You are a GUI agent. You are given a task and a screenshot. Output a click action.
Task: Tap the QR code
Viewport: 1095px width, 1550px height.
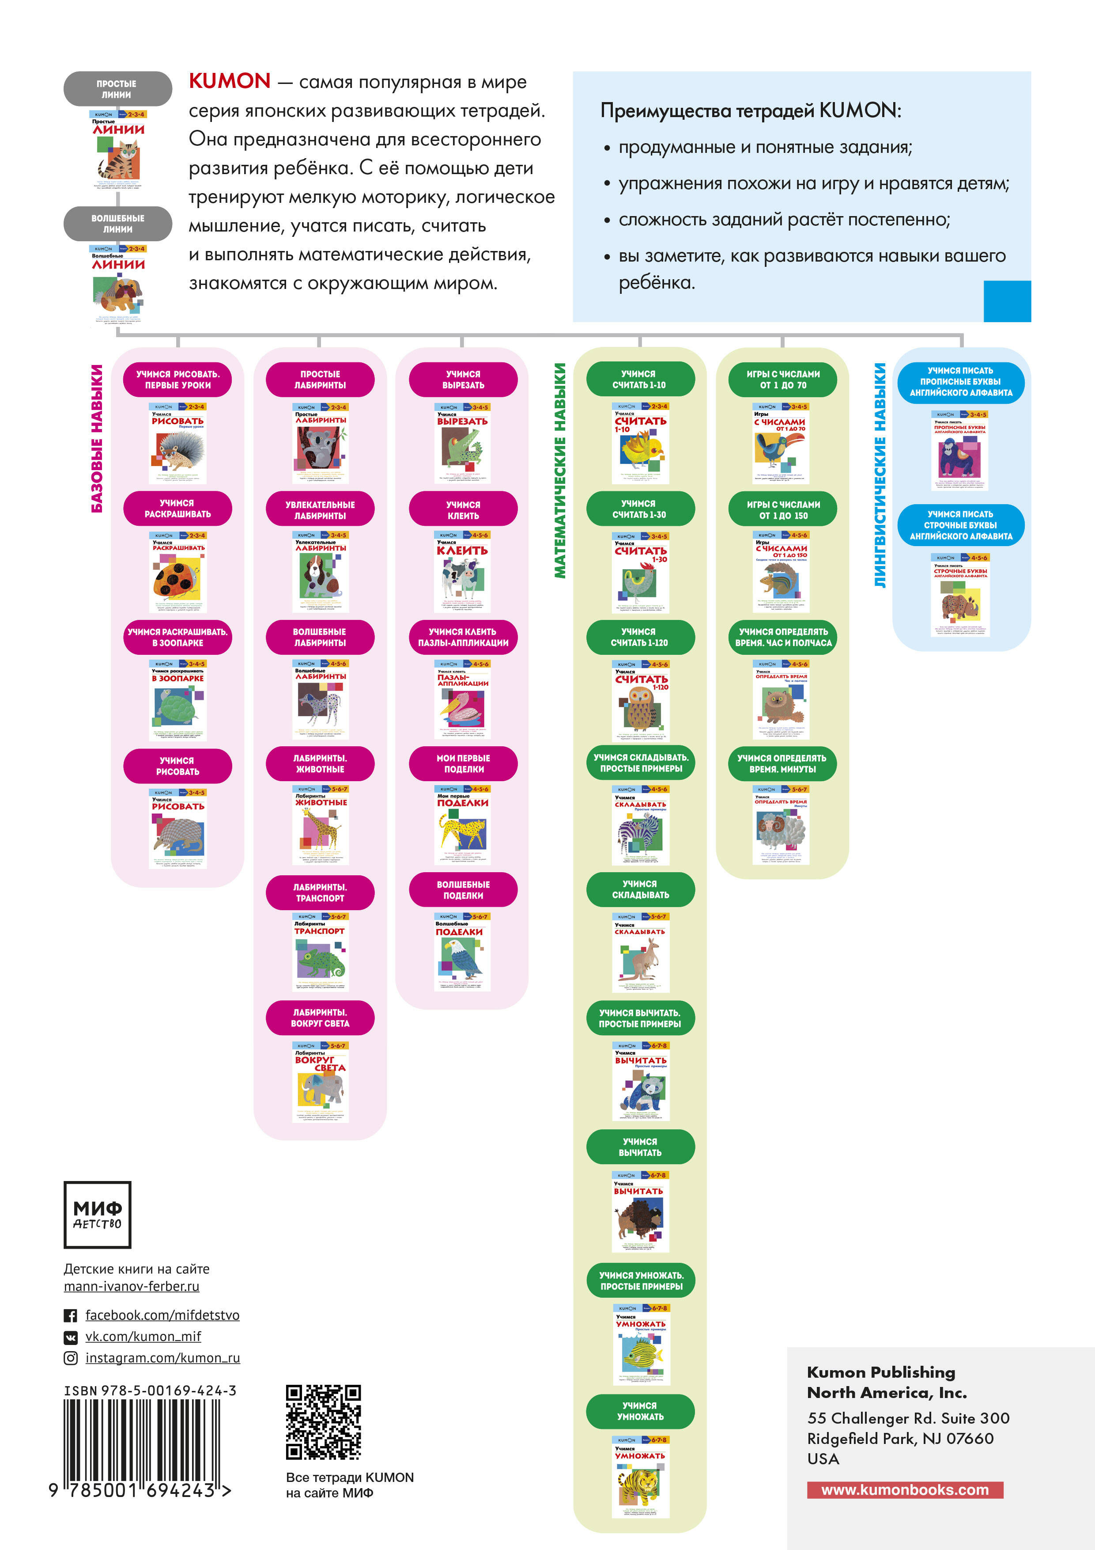pos(323,1422)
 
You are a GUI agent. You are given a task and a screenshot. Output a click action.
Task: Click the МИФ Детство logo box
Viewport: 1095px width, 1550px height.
pos(97,1215)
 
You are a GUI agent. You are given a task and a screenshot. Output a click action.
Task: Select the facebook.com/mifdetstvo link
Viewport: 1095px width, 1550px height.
pos(162,1315)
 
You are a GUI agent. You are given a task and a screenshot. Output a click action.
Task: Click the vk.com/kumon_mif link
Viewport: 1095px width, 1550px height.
pos(143,1337)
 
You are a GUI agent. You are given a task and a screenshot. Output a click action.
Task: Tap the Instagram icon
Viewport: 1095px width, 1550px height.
pos(70,1358)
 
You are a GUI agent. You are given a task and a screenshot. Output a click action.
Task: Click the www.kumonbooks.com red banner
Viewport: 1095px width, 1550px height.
pos(905,1490)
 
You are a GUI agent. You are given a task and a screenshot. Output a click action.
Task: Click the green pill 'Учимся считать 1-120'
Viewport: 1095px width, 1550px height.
pos(640,637)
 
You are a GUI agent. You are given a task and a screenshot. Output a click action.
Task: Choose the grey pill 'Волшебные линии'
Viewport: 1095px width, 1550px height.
pos(118,224)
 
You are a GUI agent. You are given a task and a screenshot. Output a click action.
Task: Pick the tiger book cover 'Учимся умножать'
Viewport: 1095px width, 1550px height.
pos(641,1478)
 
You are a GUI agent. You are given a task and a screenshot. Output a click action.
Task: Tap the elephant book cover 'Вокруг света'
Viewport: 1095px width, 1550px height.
pos(321,1082)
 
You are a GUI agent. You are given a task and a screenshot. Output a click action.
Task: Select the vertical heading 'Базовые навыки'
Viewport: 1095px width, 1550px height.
pos(97,439)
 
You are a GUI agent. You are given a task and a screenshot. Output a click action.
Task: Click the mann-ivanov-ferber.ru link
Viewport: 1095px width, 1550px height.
pos(132,1287)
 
